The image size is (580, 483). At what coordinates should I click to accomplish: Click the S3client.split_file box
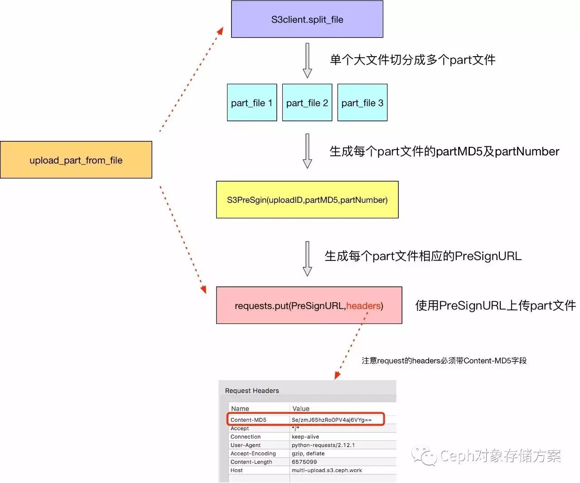click(307, 19)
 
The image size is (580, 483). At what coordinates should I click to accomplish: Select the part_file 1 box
click(251, 103)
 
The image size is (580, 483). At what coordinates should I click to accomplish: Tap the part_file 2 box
click(307, 103)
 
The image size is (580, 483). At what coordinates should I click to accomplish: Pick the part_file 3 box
click(362, 103)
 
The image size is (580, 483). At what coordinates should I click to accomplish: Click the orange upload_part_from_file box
click(76, 160)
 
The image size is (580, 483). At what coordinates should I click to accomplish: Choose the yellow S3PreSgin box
click(307, 200)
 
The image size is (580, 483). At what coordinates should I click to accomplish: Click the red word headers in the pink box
click(363, 306)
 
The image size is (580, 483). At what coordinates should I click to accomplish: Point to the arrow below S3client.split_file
click(307, 60)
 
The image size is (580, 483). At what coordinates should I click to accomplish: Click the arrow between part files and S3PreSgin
click(307, 151)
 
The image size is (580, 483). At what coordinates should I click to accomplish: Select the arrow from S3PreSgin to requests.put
click(307, 258)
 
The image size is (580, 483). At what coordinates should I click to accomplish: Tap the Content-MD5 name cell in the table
click(248, 420)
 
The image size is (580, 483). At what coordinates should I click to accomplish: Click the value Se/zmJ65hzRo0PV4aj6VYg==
click(331, 420)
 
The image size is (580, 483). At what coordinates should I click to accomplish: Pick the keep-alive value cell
click(305, 437)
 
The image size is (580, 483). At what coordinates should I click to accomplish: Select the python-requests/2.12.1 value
click(323, 445)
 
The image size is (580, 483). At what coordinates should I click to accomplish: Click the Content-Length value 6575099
click(304, 462)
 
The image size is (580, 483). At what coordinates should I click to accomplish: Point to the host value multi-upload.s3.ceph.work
click(327, 470)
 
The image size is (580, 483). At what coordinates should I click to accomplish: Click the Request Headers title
click(252, 391)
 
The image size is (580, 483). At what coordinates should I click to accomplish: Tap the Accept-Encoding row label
click(253, 454)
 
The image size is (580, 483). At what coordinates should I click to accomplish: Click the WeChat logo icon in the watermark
click(423, 455)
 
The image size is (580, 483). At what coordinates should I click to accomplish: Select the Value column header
click(301, 409)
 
